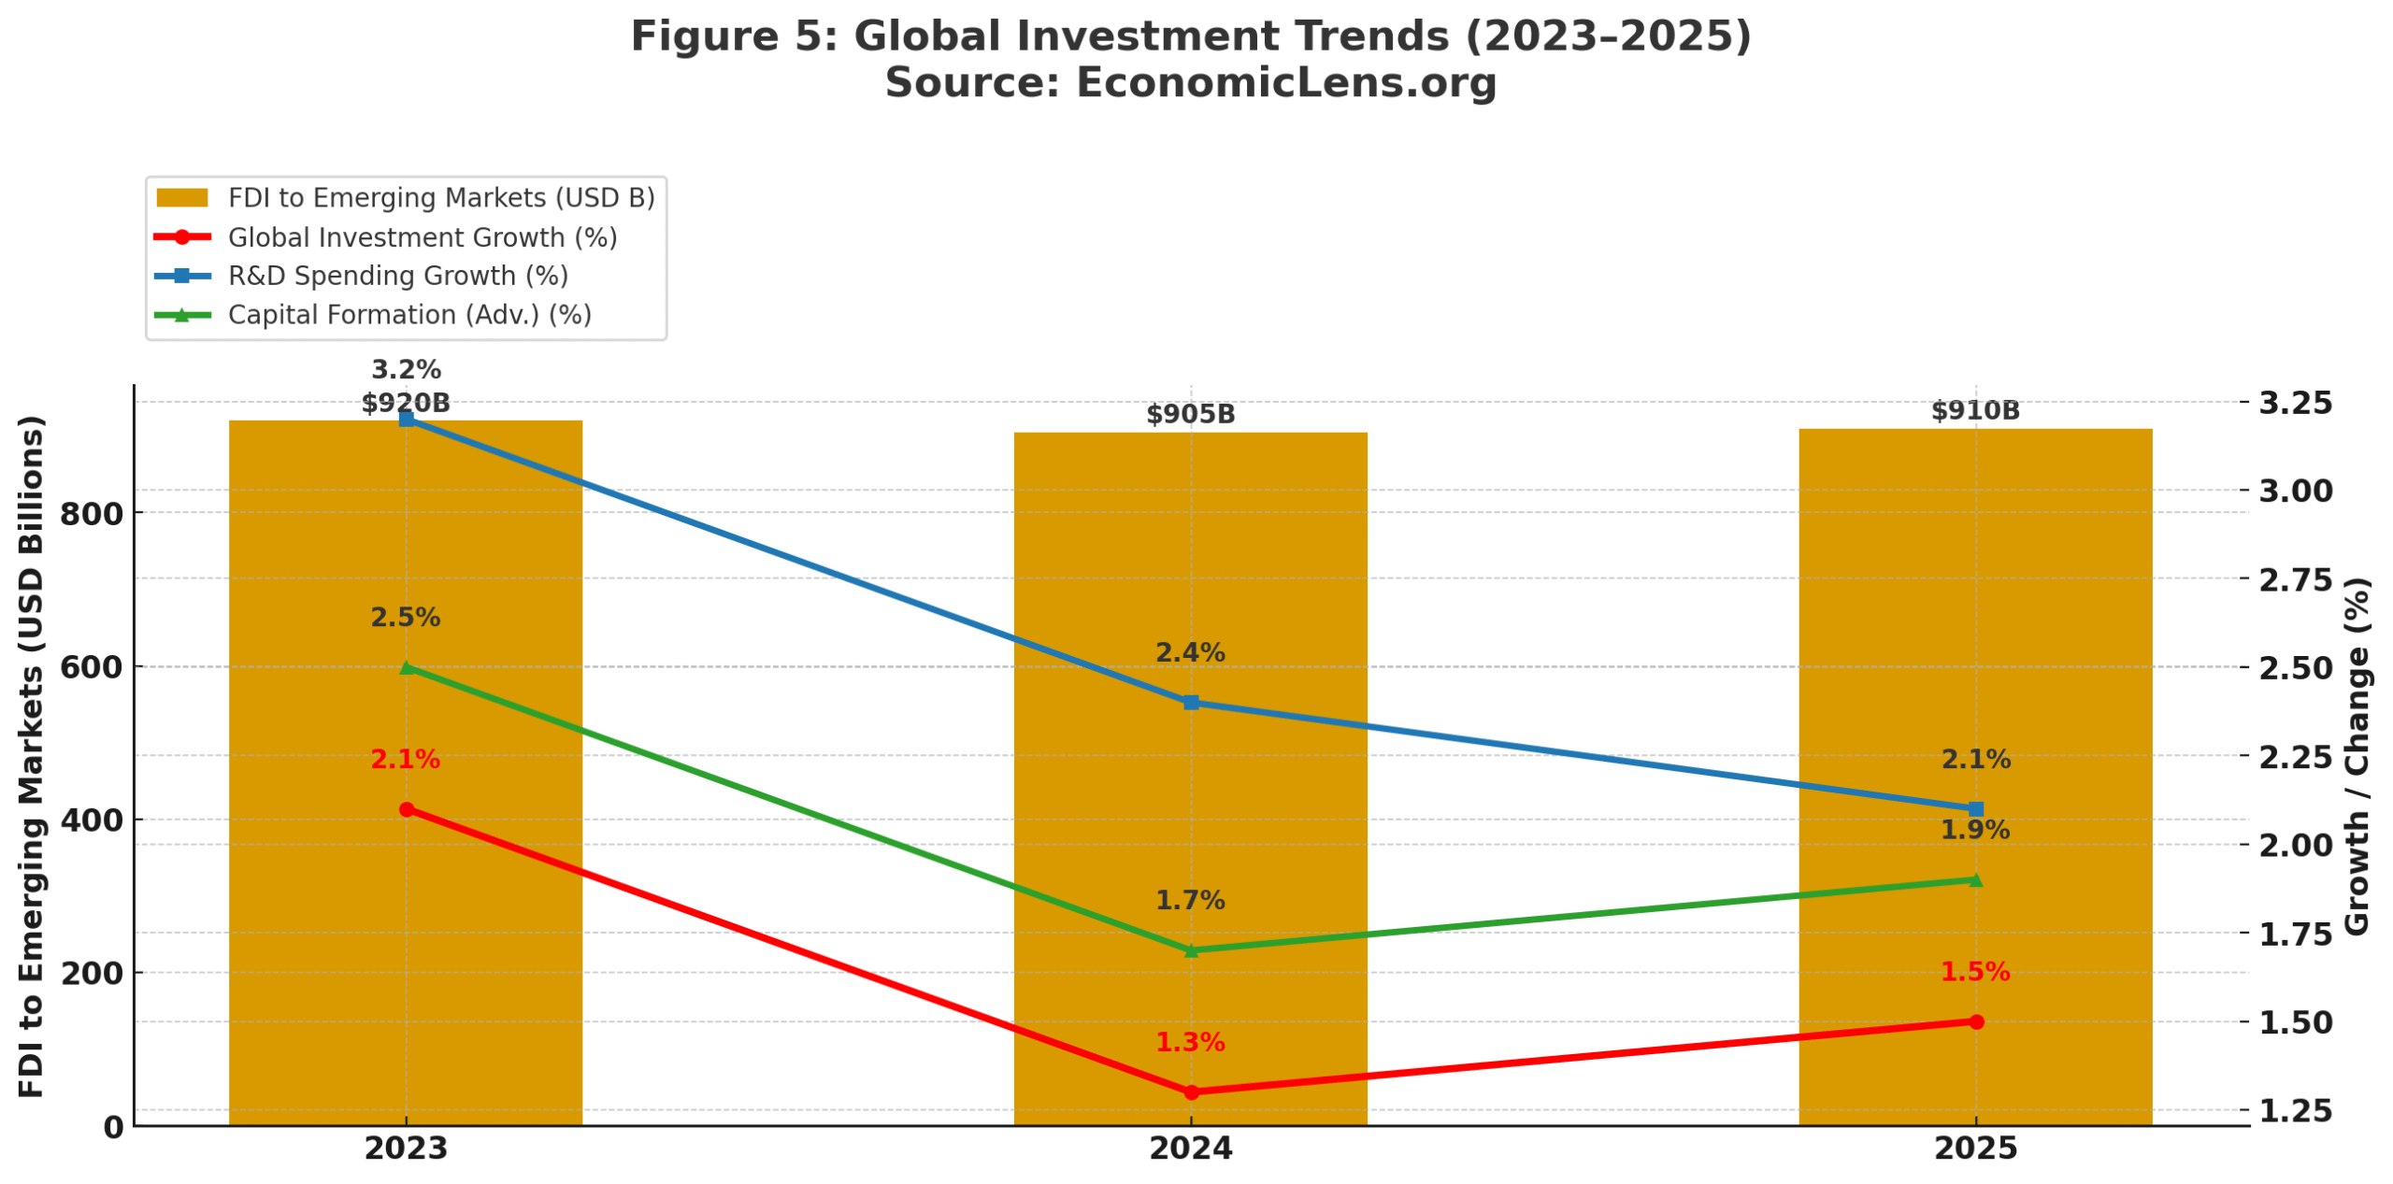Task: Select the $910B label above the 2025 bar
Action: point(1974,410)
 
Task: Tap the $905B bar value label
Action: point(1190,414)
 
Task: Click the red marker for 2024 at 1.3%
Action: point(1190,1091)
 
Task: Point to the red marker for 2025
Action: point(1975,1021)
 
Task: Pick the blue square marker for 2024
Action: point(1190,702)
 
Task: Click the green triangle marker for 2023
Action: point(406,667)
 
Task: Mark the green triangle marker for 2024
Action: point(1190,950)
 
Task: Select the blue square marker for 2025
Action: point(1975,808)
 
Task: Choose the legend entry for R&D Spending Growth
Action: point(397,276)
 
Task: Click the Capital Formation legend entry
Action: point(408,315)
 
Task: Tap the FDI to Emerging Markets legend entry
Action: point(440,198)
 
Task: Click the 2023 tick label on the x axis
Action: point(406,1148)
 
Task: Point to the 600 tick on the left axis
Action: point(91,667)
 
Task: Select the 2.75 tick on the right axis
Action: point(2295,579)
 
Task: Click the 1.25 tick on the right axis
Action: point(2295,1110)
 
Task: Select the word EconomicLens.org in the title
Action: point(1285,82)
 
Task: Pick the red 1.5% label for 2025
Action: point(1974,972)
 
